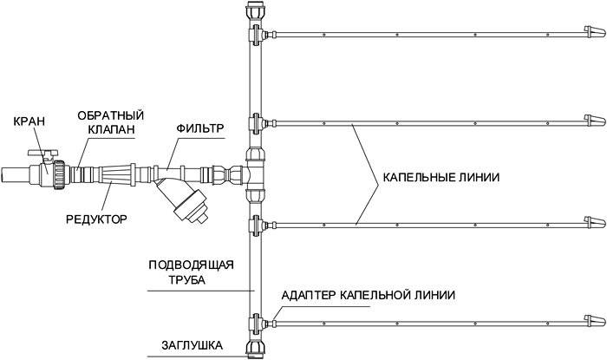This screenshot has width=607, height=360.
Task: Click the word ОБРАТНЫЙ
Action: click(x=110, y=115)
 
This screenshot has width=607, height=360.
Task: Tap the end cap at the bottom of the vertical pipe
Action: click(x=255, y=348)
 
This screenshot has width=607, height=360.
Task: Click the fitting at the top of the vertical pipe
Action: click(x=255, y=13)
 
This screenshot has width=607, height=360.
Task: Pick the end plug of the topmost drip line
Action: click(x=592, y=36)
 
